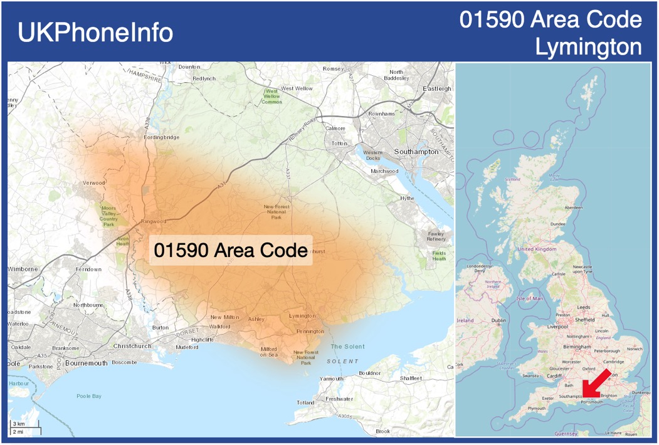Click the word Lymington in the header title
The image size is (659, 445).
tap(588, 47)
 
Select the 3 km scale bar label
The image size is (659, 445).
tap(19, 424)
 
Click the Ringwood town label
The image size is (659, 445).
tap(154, 221)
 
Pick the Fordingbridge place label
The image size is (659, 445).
tap(162, 137)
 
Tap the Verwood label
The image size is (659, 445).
tap(93, 183)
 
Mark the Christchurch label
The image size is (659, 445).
tap(132, 346)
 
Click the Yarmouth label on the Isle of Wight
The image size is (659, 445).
tap(332, 379)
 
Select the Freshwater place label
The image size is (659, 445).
tap(339, 399)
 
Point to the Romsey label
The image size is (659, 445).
tap(334, 68)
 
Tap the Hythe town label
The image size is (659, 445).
tap(408, 199)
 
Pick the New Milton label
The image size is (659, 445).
tap(224, 318)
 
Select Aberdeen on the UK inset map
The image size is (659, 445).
tap(573, 207)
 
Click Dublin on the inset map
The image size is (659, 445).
tap(498, 320)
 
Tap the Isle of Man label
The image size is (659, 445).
tap(530, 298)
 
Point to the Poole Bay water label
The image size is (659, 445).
tap(88, 397)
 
